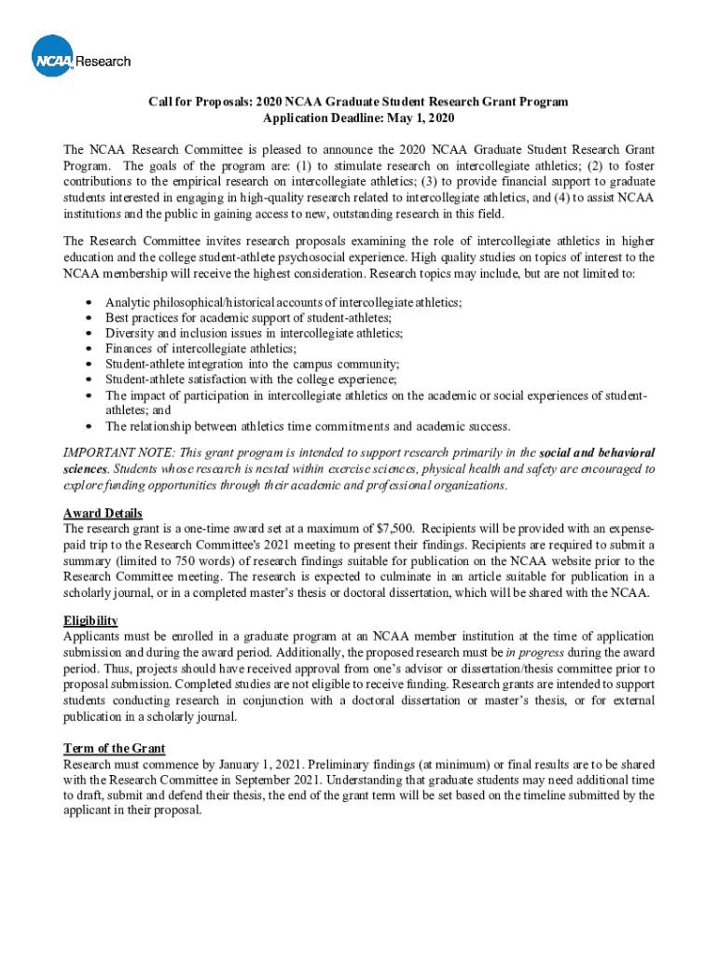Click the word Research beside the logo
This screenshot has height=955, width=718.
coord(103,62)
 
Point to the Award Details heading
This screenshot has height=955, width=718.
coord(103,513)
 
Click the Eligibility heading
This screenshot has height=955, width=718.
coord(90,620)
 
